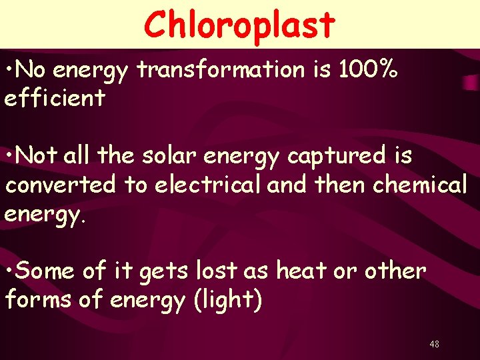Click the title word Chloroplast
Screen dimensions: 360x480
[x=239, y=25]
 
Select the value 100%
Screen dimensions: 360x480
[x=367, y=70]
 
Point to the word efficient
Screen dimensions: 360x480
[x=55, y=99]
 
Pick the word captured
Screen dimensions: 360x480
[x=333, y=156]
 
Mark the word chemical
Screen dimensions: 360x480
[x=419, y=185]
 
